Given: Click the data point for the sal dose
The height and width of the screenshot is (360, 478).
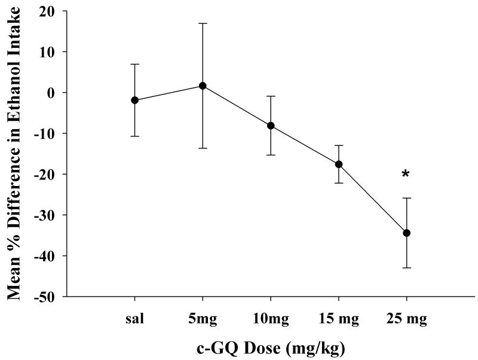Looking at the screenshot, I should [135, 100].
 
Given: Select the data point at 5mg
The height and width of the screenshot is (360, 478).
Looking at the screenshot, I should [203, 86].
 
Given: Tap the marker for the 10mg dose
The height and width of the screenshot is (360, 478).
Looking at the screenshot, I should [271, 126].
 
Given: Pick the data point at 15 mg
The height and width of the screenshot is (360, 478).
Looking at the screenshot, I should [339, 164].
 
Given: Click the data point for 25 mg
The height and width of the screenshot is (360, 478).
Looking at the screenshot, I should [407, 233].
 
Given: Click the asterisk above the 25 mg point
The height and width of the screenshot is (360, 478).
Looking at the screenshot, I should [406, 175].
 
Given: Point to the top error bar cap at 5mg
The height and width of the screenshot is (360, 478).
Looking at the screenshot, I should [203, 23].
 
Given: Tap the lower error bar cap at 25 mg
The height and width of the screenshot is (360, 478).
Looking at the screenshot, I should [407, 267].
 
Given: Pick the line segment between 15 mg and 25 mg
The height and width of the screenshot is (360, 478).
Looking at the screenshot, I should [373, 199].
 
